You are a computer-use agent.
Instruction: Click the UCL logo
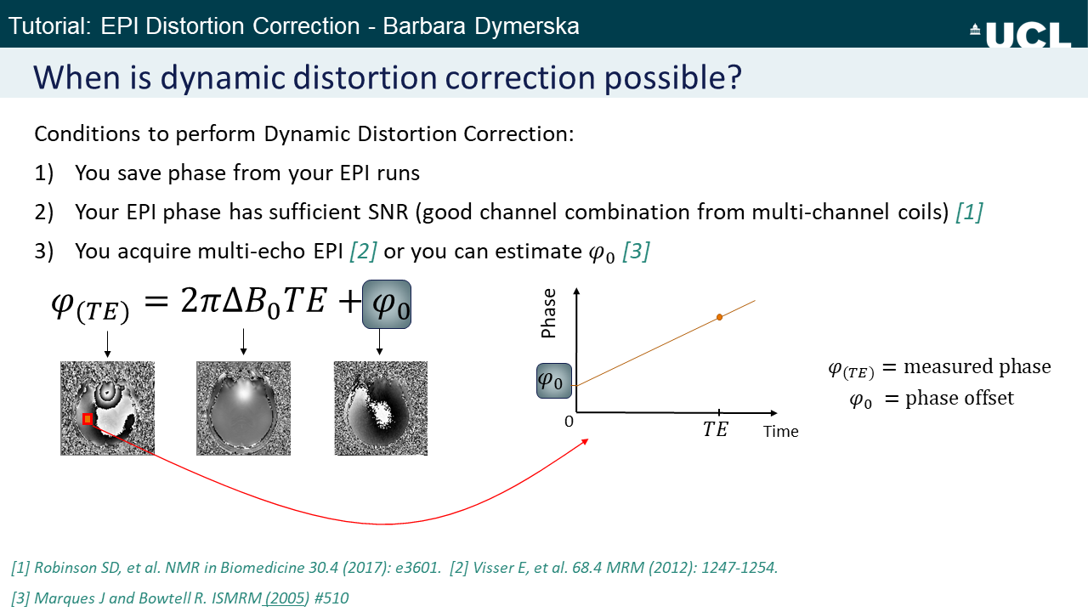point(1021,35)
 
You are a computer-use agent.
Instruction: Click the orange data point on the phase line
point(719,317)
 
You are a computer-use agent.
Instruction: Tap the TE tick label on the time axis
point(715,429)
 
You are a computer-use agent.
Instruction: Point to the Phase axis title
point(548,313)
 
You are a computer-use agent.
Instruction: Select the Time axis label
point(780,431)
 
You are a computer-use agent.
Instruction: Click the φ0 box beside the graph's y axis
point(553,381)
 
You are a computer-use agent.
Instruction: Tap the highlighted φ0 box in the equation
point(387,304)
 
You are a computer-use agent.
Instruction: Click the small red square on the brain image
point(88,419)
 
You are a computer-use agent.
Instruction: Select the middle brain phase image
point(243,408)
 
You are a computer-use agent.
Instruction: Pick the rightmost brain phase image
point(381,408)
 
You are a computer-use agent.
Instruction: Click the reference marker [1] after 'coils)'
point(969,212)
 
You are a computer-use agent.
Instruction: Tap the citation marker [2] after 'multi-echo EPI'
point(363,252)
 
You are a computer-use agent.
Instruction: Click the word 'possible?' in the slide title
point(672,77)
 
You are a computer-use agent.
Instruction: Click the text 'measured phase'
point(977,366)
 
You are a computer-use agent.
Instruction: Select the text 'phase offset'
point(960,399)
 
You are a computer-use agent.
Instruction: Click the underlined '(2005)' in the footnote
point(286,598)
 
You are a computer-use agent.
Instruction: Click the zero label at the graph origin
point(569,422)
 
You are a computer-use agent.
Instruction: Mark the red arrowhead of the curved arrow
point(585,441)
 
